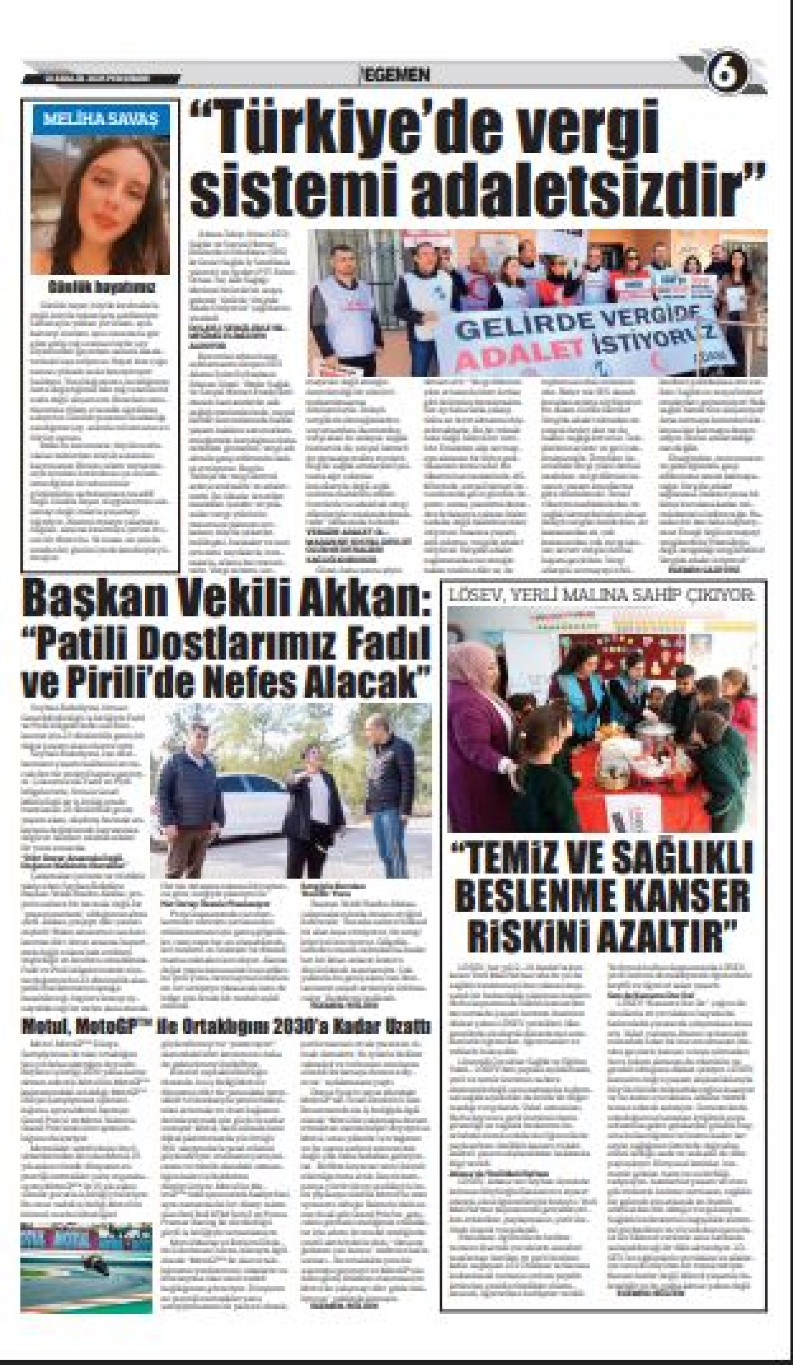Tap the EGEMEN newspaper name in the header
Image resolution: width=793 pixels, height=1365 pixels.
tap(396, 75)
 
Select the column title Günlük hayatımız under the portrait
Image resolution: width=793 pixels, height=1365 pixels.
tap(101, 286)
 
